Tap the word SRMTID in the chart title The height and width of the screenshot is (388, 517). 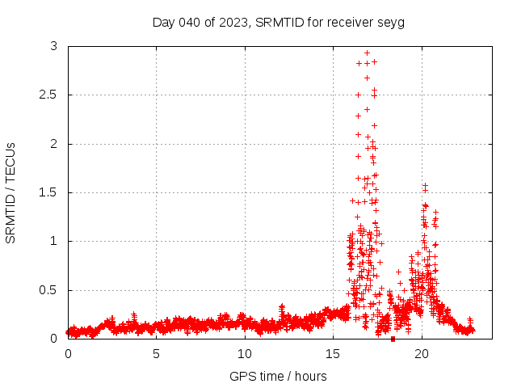click(277, 22)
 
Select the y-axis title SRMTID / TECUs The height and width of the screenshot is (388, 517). click(11, 192)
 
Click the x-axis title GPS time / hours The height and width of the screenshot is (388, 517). click(278, 376)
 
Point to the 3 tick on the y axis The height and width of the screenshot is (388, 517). click(53, 47)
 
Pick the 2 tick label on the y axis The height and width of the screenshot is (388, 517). click(53, 144)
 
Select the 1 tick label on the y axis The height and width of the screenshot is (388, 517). click(53, 241)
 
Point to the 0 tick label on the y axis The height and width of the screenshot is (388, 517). click(53, 339)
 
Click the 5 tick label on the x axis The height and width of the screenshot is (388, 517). click(156, 354)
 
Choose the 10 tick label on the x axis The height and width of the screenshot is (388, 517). click(245, 354)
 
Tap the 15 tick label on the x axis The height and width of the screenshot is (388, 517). click(334, 354)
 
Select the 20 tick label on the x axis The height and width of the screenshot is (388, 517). click(422, 354)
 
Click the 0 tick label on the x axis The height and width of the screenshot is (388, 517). click(68, 354)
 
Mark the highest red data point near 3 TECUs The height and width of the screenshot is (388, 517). click(367, 53)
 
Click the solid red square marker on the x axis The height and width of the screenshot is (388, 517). click(393, 339)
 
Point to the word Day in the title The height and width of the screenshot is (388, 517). click(164, 22)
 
